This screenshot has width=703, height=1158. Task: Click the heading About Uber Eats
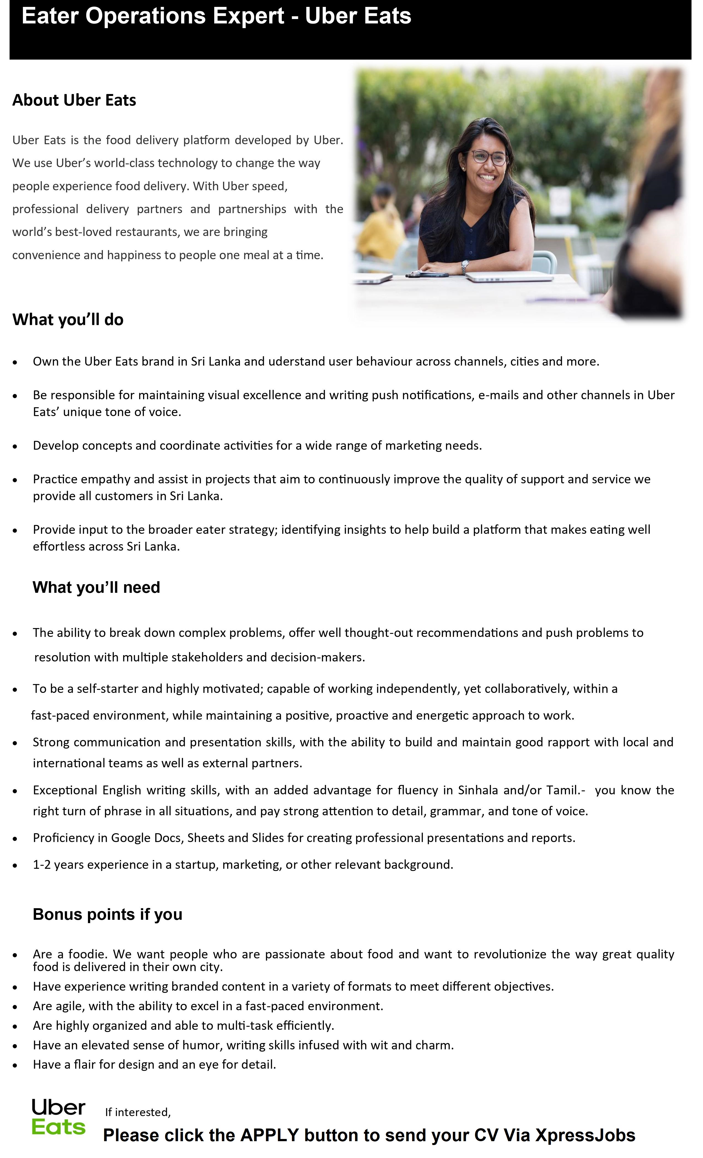[x=74, y=100]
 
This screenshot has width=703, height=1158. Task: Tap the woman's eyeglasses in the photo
[x=489, y=157]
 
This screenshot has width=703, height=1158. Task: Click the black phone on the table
[x=428, y=274]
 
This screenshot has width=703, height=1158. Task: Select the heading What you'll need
[x=96, y=588]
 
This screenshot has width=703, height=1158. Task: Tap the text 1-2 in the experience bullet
[x=41, y=865]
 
